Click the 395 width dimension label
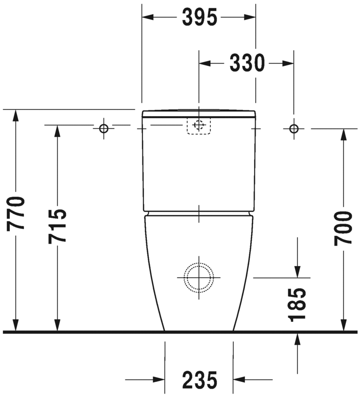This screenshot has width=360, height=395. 199,18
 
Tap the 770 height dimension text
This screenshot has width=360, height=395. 16,213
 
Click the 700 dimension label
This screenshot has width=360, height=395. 344,228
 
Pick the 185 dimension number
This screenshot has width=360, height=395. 297,304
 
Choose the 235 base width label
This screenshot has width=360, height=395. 199,379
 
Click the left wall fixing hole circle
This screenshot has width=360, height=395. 103,128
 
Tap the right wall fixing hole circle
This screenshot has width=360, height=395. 294,128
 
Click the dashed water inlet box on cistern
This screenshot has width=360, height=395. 199,125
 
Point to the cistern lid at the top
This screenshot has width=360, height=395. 199,114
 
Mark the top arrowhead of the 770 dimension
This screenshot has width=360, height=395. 16,115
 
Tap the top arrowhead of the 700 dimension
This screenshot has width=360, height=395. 344,135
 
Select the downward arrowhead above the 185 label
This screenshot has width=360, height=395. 297,271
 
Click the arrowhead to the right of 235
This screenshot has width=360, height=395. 239,379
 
